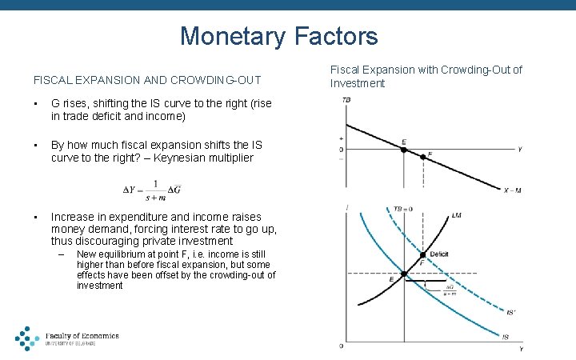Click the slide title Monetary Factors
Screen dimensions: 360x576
[x=278, y=36]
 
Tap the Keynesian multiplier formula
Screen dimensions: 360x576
[x=152, y=190]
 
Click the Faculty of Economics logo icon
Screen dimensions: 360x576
[x=26, y=338]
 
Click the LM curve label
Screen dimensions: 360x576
[x=457, y=215]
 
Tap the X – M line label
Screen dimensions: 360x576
[x=513, y=190]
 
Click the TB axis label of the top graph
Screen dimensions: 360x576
[x=346, y=100]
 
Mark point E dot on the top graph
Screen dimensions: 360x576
[x=403, y=149]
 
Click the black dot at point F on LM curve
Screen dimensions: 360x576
[x=422, y=254]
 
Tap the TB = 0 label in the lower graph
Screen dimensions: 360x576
[x=402, y=210]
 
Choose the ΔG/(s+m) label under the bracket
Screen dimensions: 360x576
[x=449, y=290]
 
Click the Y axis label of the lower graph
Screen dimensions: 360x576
[x=522, y=349]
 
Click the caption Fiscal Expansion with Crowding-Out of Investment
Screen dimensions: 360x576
[x=426, y=77]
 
